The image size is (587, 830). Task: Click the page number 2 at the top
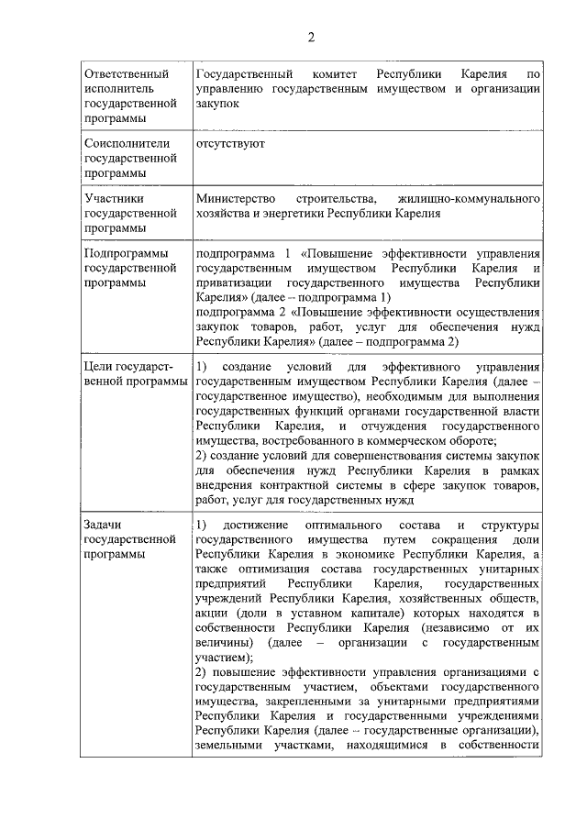coord(310,38)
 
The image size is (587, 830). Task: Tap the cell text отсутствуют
coord(230,144)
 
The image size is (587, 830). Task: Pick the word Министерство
coord(235,198)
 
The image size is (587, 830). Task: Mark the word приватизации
coord(235,282)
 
